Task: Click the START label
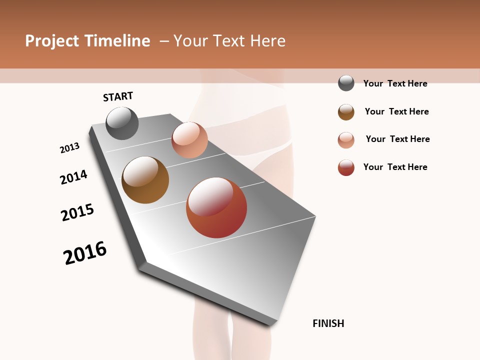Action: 118,96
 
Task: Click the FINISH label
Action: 328,323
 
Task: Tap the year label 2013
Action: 69,148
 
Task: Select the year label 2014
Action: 73,177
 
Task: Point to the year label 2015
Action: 77,212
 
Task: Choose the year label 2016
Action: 85,253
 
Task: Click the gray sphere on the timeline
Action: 122,123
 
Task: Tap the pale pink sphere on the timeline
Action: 189,140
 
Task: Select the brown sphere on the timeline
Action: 145,179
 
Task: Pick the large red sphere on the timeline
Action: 216,207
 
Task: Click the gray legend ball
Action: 346,83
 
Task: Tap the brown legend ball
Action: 346,112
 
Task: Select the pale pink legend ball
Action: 346,140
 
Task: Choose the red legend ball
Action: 346,167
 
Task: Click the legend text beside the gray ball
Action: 395,83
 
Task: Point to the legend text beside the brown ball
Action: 396,111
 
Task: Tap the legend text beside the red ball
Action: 395,167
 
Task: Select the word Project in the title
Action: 52,41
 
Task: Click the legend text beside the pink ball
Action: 397,139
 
